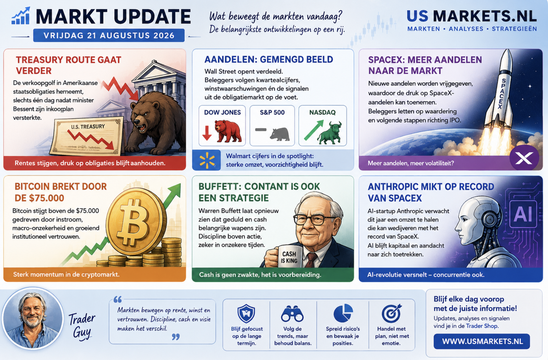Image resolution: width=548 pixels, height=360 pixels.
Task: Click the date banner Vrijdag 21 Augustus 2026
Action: pos(109,35)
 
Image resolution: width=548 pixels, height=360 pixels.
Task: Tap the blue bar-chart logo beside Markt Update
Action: pos(21,16)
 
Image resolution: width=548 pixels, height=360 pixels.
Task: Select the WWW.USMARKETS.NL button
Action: pos(482,341)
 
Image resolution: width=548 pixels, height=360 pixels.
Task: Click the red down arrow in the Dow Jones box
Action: pos(207,133)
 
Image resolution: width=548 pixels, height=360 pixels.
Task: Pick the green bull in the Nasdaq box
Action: pos(330,133)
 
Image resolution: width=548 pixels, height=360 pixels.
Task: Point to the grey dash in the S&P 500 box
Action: pos(261,130)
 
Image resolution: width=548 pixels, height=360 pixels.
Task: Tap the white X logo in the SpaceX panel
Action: pos(524,158)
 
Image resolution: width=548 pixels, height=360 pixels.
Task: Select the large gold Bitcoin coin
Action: pos(136,221)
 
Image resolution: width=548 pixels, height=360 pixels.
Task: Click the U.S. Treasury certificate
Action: pos(88,137)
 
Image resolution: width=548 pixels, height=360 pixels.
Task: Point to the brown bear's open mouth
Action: pos(142,127)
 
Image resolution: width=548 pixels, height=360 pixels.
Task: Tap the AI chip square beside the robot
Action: pos(523,214)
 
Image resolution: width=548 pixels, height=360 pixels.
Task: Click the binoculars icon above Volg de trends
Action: pos(292,314)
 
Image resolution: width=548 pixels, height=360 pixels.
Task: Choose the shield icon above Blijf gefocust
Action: pos(246,314)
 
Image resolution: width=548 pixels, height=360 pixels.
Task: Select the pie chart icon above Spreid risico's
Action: pos(343,313)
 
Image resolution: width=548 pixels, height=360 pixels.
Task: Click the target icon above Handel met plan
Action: pos(392,313)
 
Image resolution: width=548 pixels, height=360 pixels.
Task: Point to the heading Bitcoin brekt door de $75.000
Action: pos(61,192)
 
